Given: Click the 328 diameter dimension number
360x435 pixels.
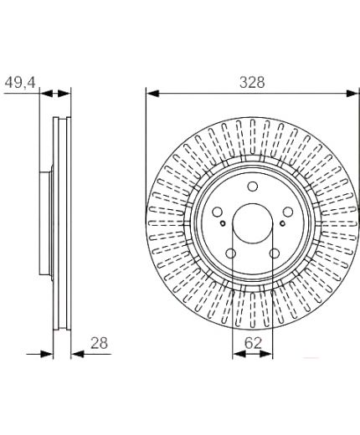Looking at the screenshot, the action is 252,83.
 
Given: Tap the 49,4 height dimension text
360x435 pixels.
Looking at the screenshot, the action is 20,83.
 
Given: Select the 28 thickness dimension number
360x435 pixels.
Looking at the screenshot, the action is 99,343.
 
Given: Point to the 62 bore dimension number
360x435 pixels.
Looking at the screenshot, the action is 253,343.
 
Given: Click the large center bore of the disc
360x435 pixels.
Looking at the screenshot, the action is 253,223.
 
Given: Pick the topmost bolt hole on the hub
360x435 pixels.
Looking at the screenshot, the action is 253,187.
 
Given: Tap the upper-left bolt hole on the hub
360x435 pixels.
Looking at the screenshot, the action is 217,212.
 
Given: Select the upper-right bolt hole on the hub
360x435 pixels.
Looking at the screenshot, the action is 288,212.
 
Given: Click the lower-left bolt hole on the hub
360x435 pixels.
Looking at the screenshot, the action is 231,253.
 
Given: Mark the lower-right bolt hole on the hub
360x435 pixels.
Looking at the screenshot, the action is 275,253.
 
